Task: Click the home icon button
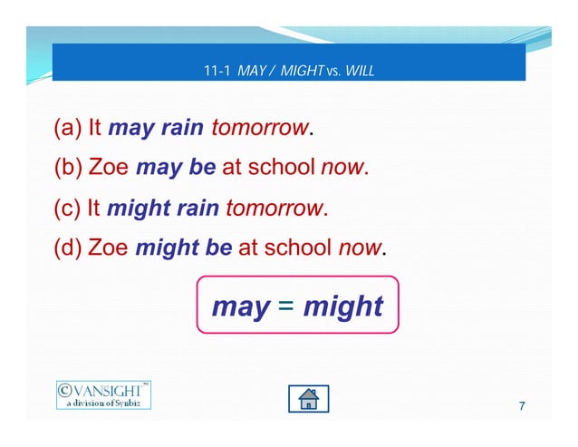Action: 308,399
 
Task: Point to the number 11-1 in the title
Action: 218,70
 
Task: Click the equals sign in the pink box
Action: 285,306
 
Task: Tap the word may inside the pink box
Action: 240,307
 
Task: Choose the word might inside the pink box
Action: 343,306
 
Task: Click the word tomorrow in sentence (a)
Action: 260,128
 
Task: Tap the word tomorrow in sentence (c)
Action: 274,208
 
